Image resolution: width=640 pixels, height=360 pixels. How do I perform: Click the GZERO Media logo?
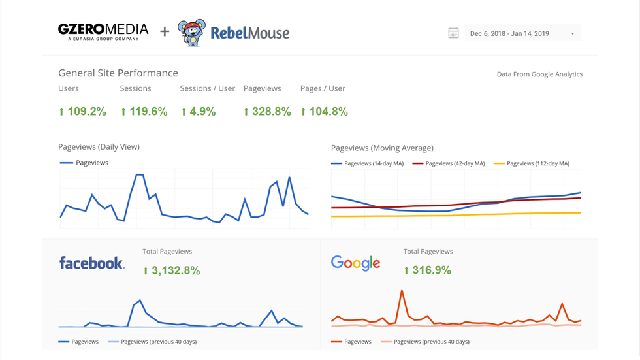click(103, 31)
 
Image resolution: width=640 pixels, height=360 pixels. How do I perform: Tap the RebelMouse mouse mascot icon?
click(191, 33)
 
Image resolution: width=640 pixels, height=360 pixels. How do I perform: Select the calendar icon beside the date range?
click(453, 33)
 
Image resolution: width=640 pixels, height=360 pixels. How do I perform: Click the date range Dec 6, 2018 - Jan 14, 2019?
click(509, 33)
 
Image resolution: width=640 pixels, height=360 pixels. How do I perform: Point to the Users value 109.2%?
click(82, 112)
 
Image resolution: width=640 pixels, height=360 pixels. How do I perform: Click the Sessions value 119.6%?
click(144, 112)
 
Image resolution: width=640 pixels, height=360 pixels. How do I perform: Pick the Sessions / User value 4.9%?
click(199, 112)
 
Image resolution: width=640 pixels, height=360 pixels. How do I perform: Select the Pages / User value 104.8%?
click(324, 112)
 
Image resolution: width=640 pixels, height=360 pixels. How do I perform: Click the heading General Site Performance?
click(118, 73)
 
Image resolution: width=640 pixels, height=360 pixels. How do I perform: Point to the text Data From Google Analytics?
click(539, 74)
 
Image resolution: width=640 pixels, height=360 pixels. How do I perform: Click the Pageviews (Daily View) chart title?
click(99, 147)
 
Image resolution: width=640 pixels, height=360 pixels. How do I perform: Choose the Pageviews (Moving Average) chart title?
click(382, 148)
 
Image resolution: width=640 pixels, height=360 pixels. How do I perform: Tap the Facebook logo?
click(91, 263)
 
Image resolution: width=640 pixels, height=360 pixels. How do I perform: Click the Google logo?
click(355, 263)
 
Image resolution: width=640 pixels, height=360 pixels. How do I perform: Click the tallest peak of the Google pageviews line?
click(402, 291)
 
